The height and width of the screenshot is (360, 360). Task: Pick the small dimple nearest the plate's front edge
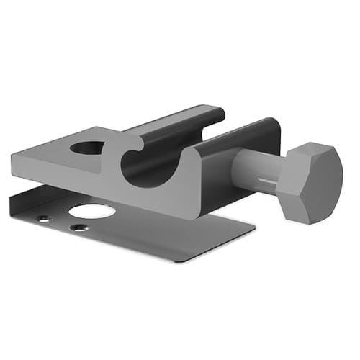pos(77,228)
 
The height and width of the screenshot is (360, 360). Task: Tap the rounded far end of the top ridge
pos(217,113)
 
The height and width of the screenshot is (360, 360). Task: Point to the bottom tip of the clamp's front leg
pos(193,214)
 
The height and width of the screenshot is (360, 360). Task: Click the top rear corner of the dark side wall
pos(272,122)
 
